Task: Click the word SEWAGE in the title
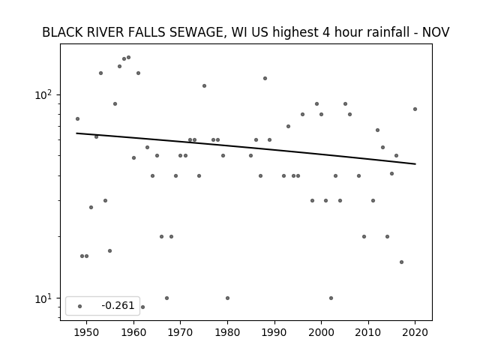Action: (x=196, y=32)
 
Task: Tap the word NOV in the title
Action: (x=436, y=32)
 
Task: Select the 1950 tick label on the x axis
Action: (x=87, y=332)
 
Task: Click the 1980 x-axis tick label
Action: (x=227, y=332)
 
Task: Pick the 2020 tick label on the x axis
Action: (x=415, y=332)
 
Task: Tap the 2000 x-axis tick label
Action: (x=321, y=332)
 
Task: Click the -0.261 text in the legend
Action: (x=118, y=305)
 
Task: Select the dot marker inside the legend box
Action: (x=80, y=306)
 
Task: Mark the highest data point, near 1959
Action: (x=128, y=57)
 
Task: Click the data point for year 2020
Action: (x=415, y=109)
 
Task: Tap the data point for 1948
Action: (x=77, y=118)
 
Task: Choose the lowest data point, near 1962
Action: (x=142, y=307)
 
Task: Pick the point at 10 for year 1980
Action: (x=227, y=298)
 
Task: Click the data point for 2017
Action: (x=402, y=262)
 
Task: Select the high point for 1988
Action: (x=265, y=78)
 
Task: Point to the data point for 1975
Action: (x=204, y=85)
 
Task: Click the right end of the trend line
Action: (x=415, y=164)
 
